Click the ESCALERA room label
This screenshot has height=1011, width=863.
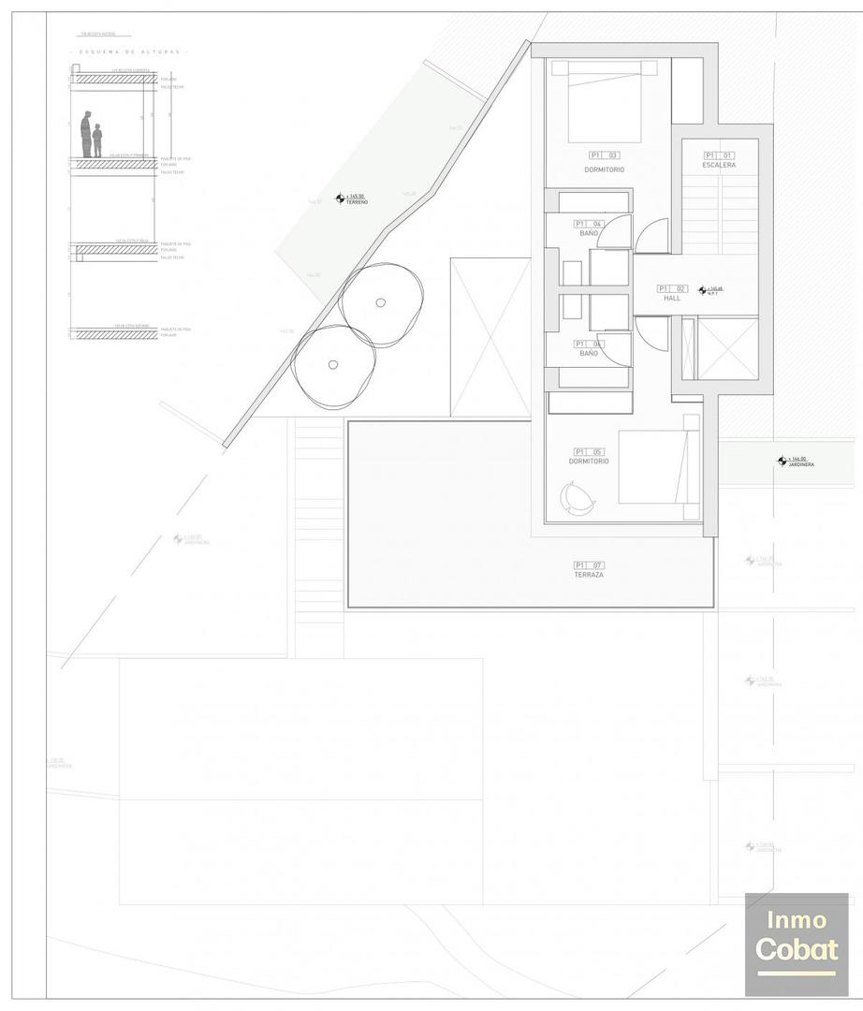[x=719, y=165]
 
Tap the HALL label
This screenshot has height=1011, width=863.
[x=672, y=298]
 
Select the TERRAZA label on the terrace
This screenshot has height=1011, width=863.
[x=589, y=575]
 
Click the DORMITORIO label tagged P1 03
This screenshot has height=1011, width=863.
[x=604, y=169]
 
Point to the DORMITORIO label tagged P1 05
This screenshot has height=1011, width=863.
[x=589, y=461]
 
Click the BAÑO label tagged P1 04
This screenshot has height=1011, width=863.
[x=589, y=233]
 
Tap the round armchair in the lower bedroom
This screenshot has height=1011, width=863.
[x=578, y=497]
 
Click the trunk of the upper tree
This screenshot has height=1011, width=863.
[x=380, y=301]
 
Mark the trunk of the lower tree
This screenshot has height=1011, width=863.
[x=332, y=365]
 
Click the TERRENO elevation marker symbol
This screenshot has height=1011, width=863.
[x=341, y=198]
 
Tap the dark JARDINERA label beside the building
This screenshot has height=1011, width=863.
[x=801, y=464]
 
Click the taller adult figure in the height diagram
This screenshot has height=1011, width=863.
[x=86, y=134]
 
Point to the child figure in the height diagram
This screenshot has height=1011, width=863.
[x=97, y=140]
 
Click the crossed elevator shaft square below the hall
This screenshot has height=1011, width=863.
[x=727, y=348]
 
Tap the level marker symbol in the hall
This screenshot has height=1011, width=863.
[x=703, y=290]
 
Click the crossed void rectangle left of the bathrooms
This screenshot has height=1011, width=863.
[x=490, y=337]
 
